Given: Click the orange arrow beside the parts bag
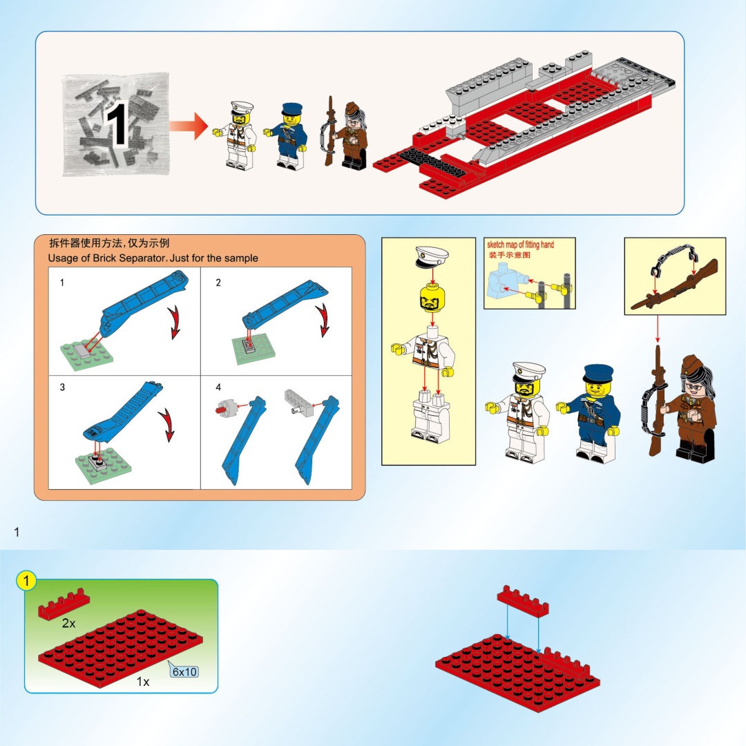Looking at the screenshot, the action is [x=189, y=126].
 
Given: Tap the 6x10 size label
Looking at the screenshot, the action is [x=184, y=671].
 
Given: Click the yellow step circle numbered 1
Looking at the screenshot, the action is [x=26, y=580].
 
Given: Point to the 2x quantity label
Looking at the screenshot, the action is [x=68, y=623].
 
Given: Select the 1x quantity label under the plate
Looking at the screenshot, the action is [x=143, y=682].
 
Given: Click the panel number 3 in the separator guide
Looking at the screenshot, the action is [x=62, y=388].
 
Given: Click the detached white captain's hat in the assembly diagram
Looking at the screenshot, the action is [x=432, y=257].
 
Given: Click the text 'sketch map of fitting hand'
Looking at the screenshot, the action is [x=521, y=245].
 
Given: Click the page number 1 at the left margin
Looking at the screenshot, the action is [x=17, y=532].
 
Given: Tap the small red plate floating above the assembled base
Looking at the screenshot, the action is [x=523, y=601].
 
